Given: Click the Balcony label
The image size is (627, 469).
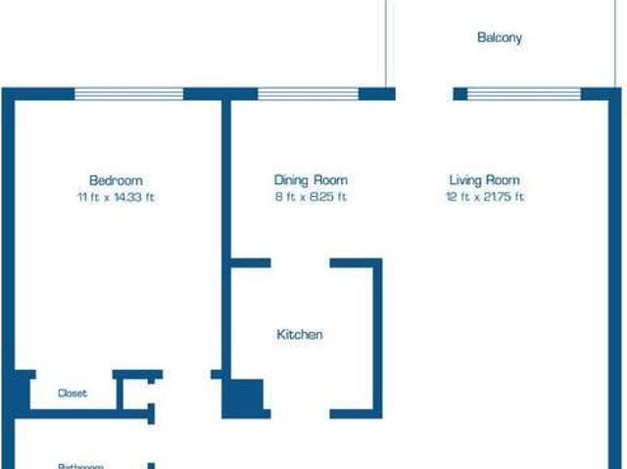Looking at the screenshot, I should tap(500, 38).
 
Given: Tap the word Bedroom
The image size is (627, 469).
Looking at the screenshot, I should tap(116, 180).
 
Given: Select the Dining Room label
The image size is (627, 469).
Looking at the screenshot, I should tap(311, 180).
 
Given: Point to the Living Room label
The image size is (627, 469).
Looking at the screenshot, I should tap(484, 180).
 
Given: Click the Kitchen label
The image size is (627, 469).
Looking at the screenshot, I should tap(300, 335).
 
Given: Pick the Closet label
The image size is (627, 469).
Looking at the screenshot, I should tap(72, 394).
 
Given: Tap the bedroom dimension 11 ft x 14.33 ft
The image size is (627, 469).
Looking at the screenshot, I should tap(116, 197).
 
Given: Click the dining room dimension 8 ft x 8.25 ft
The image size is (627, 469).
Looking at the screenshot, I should tap(311, 197).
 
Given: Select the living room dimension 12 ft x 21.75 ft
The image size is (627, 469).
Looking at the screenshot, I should tap(484, 197).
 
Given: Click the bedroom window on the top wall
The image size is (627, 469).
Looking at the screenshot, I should tap(129, 94).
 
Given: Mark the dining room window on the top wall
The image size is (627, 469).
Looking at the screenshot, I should tap(308, 94).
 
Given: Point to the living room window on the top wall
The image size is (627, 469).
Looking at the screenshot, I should tap(524, 94).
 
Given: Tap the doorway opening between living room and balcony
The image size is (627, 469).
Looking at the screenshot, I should tap(424, 94).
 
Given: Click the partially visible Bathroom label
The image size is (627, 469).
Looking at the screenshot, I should tap(80, 466).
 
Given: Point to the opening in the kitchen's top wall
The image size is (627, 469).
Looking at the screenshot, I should tap(301, 262).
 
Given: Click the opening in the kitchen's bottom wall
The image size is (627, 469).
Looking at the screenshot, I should tap(299, 414).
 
